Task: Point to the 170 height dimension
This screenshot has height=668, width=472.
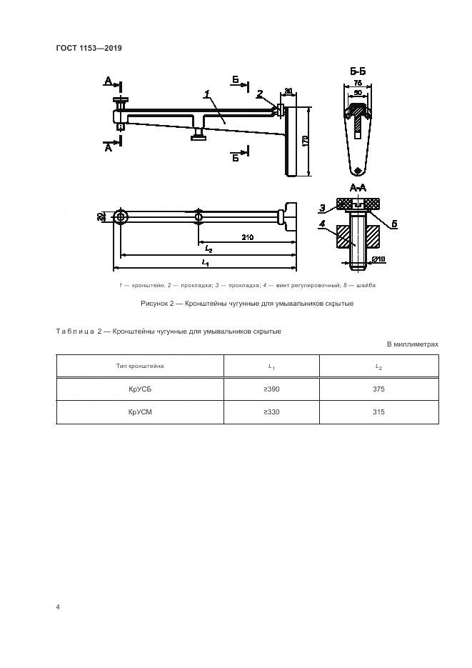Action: [x=305, y=141]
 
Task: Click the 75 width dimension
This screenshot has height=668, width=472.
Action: [x=358, y=84]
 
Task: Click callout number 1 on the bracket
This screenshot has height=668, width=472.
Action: [x=206, y=94]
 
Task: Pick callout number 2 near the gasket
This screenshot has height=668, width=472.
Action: [x=260, y=93]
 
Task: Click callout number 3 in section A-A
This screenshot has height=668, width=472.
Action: [x=322, y=208]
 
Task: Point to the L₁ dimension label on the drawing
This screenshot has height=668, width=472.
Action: [x=205, y=264]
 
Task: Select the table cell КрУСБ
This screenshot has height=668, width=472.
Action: [x=140, y=389]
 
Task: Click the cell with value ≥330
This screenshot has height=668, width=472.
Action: [x=271, y=412]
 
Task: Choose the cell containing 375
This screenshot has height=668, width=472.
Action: [x=378, y=389]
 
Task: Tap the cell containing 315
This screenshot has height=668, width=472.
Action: [x=378, y=412]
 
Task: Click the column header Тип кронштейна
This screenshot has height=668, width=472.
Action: [x=140, y=366]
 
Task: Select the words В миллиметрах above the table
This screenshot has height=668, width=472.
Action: [x=413, y=344]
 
